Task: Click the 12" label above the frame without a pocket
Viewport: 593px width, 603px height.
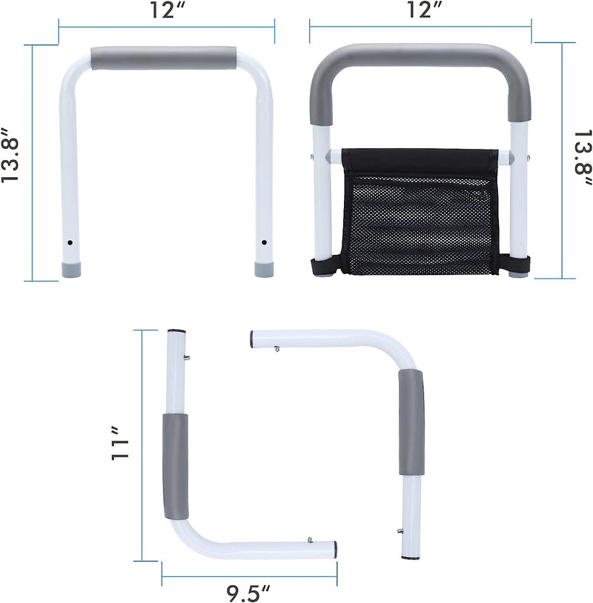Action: (166, 12)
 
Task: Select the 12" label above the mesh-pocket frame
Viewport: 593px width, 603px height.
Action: (420, 12)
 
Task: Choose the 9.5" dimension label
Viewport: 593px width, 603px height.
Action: (249, 590)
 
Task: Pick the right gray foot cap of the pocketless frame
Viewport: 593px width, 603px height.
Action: (264, 269)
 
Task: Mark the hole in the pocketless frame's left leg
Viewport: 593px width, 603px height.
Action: (69, 242)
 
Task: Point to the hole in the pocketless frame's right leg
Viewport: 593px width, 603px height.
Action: (264, 242)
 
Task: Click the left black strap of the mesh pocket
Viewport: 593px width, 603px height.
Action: (324, 267)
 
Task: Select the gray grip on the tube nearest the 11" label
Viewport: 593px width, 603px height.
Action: (176, 467)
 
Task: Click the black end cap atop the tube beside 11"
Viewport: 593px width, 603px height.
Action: (176, 331)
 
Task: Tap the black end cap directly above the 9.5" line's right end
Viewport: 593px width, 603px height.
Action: (335, 550)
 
